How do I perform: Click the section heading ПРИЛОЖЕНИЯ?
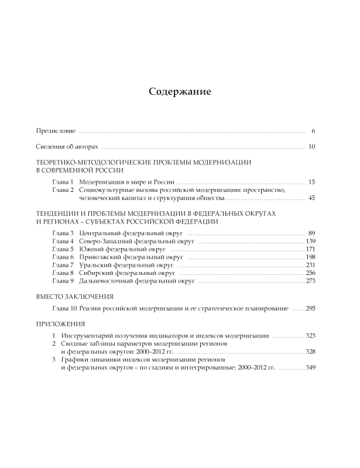(61, 324)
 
